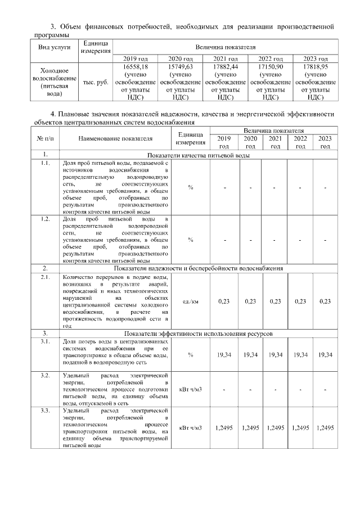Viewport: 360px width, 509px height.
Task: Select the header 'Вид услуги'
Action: coord(55,47)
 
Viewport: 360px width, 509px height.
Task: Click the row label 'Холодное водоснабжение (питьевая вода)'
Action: coord(55,82)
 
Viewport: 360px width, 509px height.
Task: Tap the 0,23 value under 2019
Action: coord(224,301)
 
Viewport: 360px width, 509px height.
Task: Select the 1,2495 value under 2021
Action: coord(274,428)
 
